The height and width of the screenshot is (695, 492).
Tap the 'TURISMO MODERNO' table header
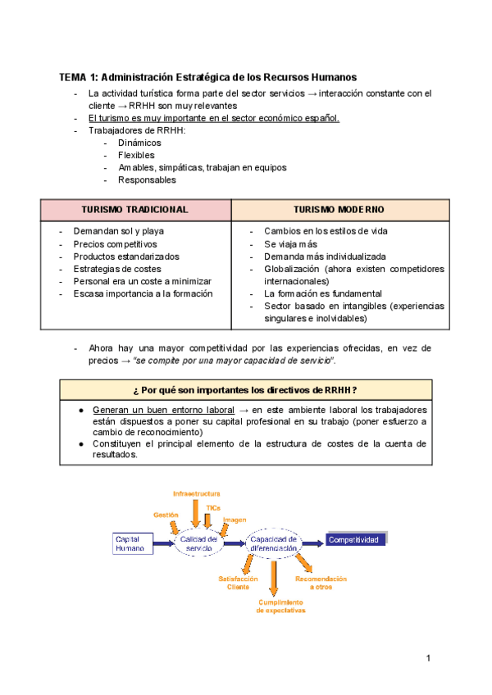(x=339, y=210)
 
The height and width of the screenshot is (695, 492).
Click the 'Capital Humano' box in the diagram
(x=132, y=543)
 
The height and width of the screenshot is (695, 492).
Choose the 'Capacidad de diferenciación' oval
(x=274, y=543)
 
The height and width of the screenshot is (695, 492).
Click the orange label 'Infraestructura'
(x=196, y=493)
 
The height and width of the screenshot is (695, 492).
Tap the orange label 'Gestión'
(x=166, y=514)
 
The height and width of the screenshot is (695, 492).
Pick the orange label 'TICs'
(x=213, y=508)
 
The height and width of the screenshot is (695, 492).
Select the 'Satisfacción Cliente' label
(x=238, y=583)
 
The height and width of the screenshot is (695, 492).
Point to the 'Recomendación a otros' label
(x=321, y=583)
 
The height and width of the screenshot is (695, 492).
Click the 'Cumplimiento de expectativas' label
(x=280, y=606)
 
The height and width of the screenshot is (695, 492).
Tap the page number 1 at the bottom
(x=428, y=658)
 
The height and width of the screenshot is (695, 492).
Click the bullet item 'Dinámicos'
(x=139, y=143)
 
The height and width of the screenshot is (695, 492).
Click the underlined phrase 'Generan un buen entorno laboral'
(x=159, y=409)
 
